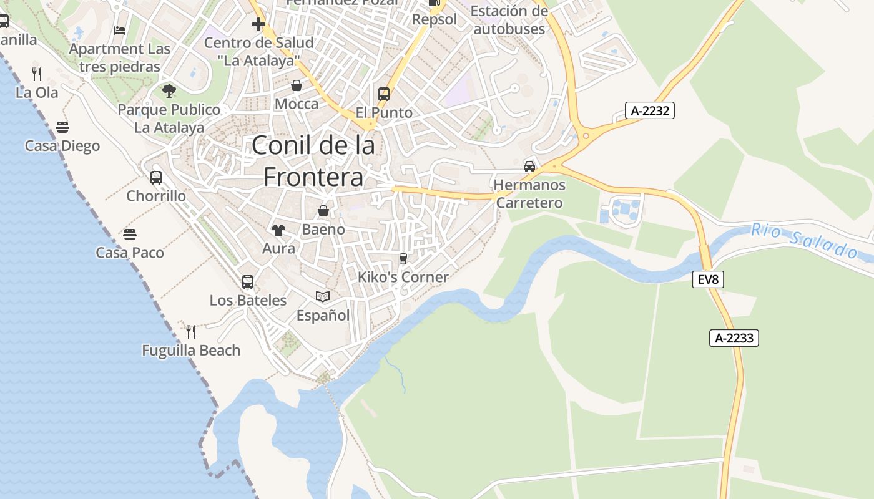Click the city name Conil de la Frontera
pyautogui.click(x=313, y=161)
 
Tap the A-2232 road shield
pyautogui.click(x=649, y=111)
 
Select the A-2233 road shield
pyautogui.click(x=734, y=339)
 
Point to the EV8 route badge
pyautogui.click(x=708, y=279)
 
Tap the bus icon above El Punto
pyautogui.click(x=384, y=94)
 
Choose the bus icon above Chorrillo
pyautogui.click(x=156, y=178)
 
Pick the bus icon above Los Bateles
pyautogui.click(x=248, y=282)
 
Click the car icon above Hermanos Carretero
pyautogui.click(x=529, y=166)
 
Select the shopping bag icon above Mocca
pyautogui.click(x=297, y=85)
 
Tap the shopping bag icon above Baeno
pyautogui.click(x=323, y=211)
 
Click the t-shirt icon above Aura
pyautogui.click(x=278, y=230)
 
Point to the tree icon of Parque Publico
pyautogui.click(x=169, y=91)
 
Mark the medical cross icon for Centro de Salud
pyautogui.click(x=258, y=24)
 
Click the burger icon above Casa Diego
pyautogui.click(x=62, y=127)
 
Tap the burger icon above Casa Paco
pyautogui.click(x=130, y=235)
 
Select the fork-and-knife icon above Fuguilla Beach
pyautogui.click(x=191, y=331)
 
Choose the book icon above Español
pyautogui.click(x=323, y=296)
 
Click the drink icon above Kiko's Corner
pyautogui.click(x=403, y=258)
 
